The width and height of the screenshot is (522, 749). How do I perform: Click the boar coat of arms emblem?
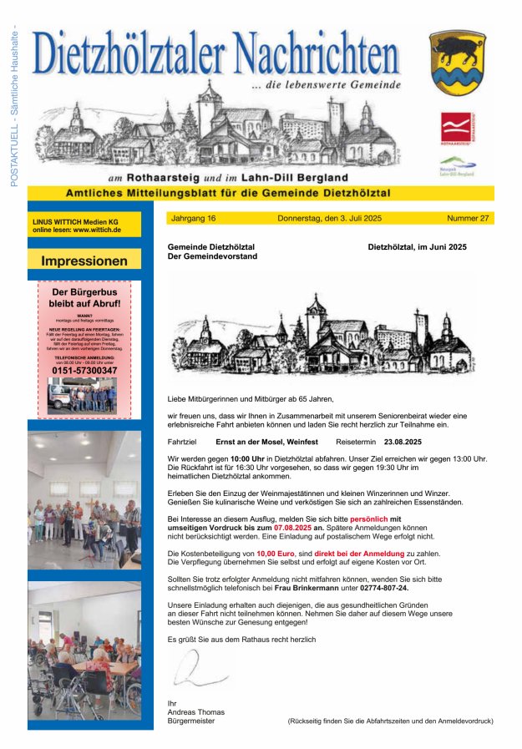pyautogui.click(x=457, y=63)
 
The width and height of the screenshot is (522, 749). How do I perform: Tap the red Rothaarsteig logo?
pyautogui.click(x=456, y=129)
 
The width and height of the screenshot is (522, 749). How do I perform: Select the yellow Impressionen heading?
pyautogui.click(x=84, y=260)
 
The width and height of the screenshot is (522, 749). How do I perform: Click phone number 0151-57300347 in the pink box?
pyautogui.click(x=84, y=370)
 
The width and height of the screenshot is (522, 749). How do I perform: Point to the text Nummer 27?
pyautogui.click(x=468, y=218)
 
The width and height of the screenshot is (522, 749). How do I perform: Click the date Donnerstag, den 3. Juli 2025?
pyautogui.click(x=329, y=218)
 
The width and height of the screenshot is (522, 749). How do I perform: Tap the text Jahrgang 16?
pyautogui.click(x=193, y=218)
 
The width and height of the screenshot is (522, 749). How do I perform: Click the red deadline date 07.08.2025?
pyautogui.click(x=292, y=529)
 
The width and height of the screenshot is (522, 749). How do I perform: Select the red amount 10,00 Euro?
pyautogui.click(x=277, y=553)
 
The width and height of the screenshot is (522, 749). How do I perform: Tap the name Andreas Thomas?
pyautogui.click(x=196, y=711)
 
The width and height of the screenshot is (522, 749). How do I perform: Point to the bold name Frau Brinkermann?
pyautogui.click(x=308, y=588)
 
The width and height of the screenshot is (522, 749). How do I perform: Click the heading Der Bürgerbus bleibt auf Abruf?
pyautogui.click(x=84, y=298)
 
